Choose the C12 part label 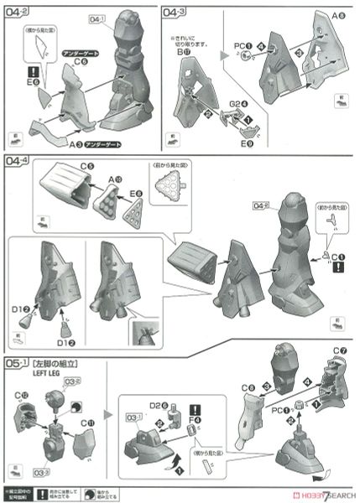20,395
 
